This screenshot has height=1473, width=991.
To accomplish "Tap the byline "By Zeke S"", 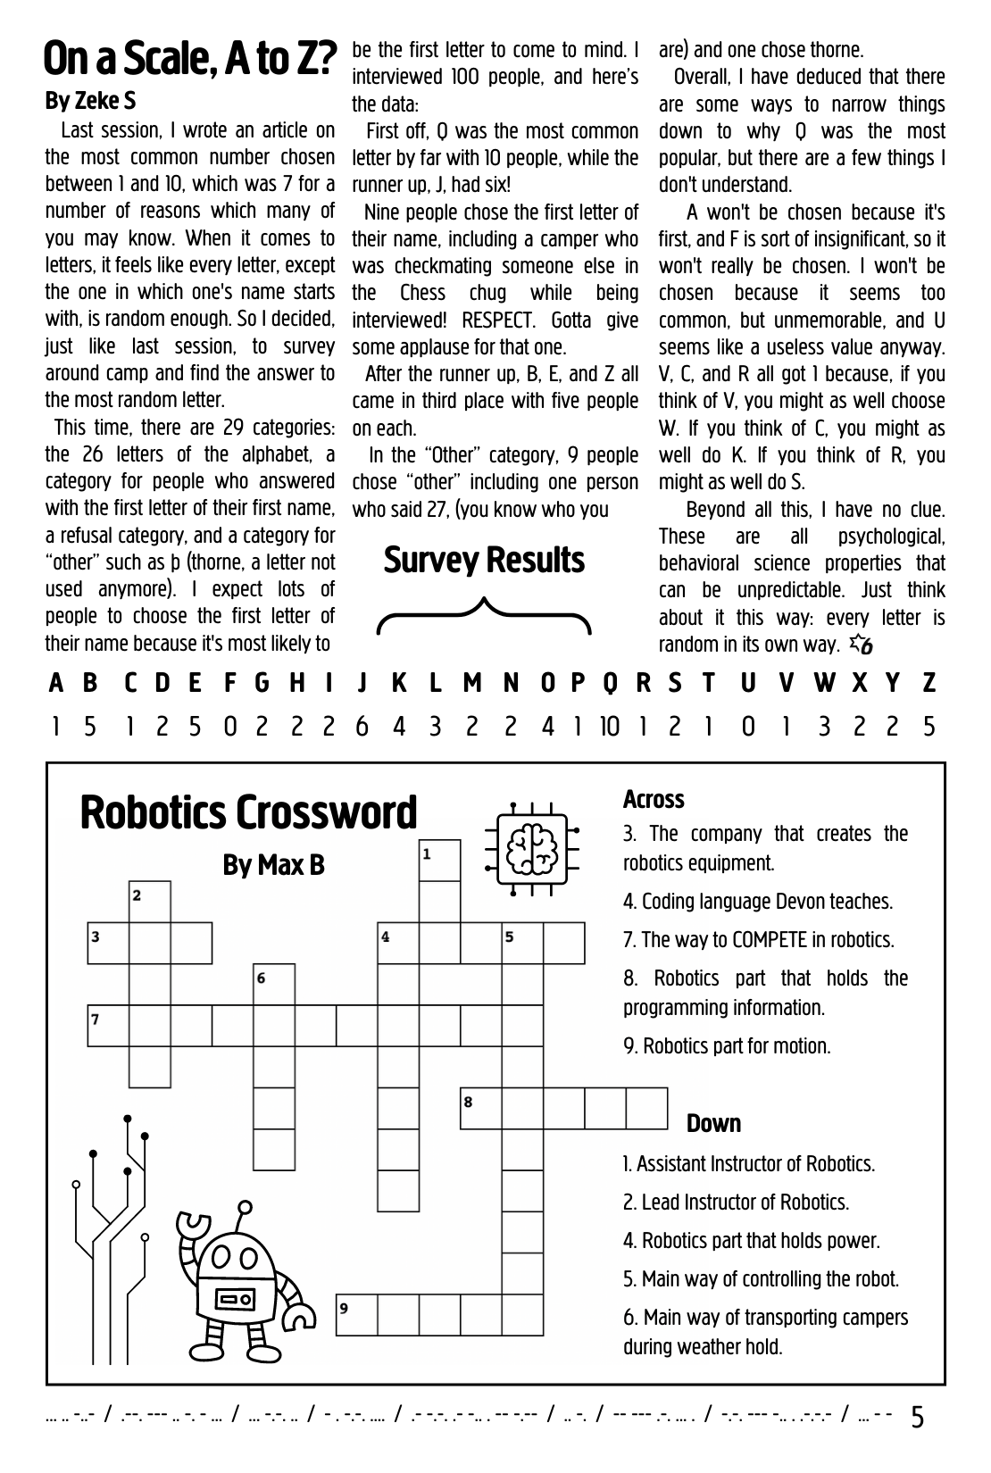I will coord(90,102).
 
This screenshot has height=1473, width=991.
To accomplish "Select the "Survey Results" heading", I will coord(484,561).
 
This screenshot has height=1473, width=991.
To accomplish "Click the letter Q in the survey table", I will coord(610,684).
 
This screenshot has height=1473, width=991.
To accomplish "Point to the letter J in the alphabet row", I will coord(362,684).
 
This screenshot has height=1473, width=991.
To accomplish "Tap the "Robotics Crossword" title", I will coord(248,812).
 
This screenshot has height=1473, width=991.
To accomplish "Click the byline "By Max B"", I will coord(273,865).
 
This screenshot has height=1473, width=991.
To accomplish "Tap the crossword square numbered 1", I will coord(439,861).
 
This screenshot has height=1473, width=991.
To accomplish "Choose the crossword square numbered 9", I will coord(356,1315).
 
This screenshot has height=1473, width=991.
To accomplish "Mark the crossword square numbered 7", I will coord(108,1026).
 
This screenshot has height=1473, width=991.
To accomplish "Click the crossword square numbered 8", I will coord(481,1108).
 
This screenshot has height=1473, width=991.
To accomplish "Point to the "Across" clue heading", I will coord(654,799).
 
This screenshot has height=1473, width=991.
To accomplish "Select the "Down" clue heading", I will coord(713,1123).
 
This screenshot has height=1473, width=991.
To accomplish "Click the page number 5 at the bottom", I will coord(918,1418).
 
